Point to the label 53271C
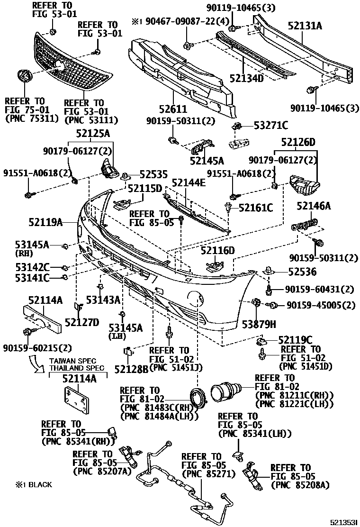(x=271, y=125)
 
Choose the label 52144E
(x=189, y=183)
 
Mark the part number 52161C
(x=256, y=208)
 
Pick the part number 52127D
(x=82, y=323)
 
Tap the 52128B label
(x=131, y=368)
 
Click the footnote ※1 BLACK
(x=33, y=484)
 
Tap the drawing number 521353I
(x=343, y=522)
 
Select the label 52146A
(x=314, y=206)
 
